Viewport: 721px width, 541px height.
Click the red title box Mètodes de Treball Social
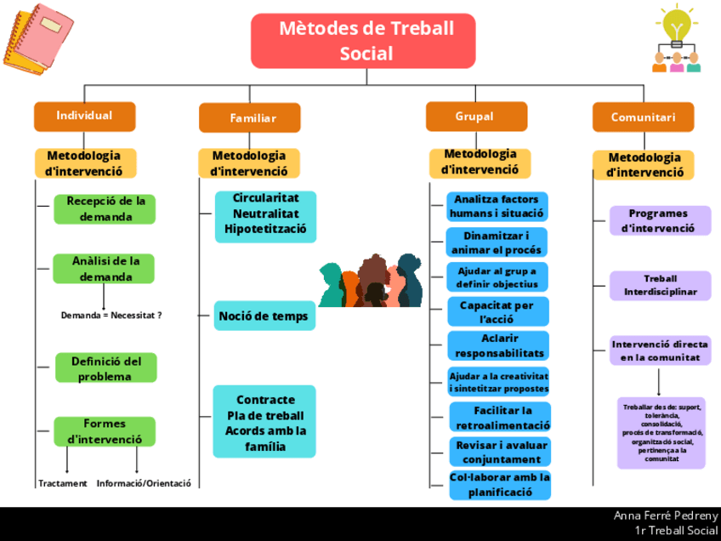[366, 41]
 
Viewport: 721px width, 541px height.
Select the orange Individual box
[84, 116]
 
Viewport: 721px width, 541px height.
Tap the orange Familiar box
[250, 118]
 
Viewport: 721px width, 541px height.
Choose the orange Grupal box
[476, 117]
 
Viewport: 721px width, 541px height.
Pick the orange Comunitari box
[643, 117]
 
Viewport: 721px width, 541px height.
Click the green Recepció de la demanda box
[105, 209]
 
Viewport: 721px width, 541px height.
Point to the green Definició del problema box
[105, 368]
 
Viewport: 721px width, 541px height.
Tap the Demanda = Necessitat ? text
[111, 315]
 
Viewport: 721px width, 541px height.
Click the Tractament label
[63, 483]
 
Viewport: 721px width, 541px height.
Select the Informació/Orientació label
[144, 483]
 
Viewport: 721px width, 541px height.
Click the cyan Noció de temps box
[264, 316]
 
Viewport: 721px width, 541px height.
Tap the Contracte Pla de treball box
[264, 422]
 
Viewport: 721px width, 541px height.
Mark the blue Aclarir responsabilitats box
[498, 345]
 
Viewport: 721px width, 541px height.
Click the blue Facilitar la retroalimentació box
[500, 418]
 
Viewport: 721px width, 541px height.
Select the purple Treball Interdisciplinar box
[661, 286]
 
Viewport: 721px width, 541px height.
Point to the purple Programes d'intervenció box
[660, 220]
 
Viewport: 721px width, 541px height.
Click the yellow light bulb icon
[676, 24]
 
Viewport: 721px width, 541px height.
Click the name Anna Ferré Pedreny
[666, 515]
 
